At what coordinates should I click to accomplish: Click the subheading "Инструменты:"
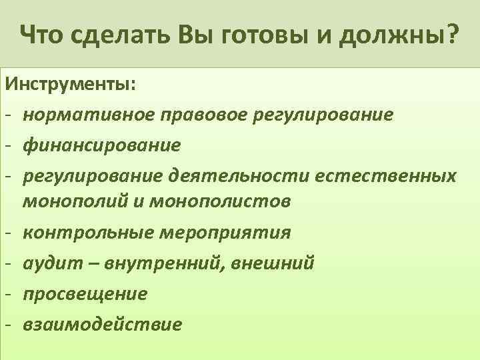click(69, 85)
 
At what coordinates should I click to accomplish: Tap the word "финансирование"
click(101, 144)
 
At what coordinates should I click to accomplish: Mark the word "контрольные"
click(89, 233)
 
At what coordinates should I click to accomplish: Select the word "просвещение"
click(85, 293)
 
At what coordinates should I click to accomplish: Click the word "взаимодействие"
click(102, 324)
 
